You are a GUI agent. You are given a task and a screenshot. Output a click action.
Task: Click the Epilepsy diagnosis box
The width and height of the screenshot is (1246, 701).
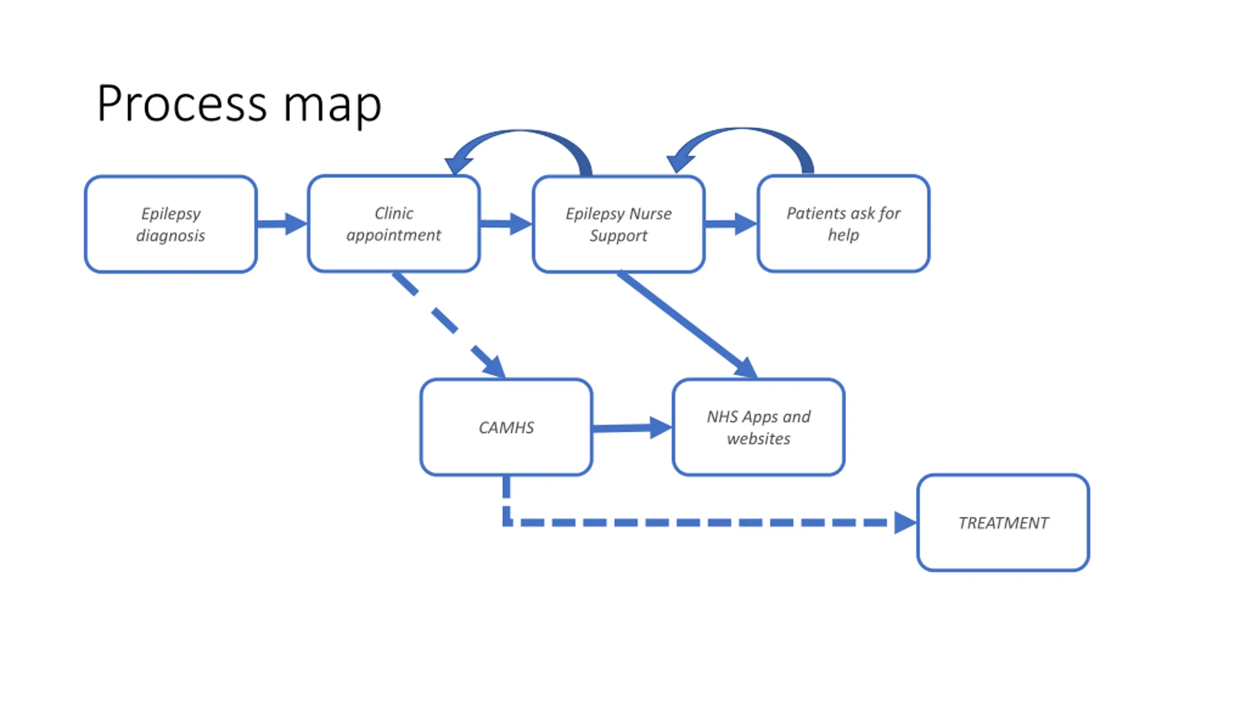point(170,224)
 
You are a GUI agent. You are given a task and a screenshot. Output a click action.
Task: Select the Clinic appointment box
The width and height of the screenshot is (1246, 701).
point(394,223)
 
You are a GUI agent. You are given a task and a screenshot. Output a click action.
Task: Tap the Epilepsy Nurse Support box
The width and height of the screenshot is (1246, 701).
point(619,224)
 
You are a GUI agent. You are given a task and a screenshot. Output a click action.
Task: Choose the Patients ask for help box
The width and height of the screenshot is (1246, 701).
point(843,223)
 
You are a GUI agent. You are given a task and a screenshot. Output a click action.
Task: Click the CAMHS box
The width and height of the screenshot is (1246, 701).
point(506,427)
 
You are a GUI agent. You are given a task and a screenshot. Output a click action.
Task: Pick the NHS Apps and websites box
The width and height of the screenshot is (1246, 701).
point(758,427)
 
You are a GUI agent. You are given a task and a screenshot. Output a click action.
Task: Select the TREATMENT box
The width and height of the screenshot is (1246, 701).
point(1003,522)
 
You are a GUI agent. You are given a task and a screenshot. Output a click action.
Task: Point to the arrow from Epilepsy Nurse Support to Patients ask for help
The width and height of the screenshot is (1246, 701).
point(731,224)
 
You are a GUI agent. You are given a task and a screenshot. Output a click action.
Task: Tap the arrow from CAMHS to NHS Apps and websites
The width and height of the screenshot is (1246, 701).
point(632,428)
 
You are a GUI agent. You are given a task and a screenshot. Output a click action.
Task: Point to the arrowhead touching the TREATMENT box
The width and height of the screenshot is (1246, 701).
point(906,523)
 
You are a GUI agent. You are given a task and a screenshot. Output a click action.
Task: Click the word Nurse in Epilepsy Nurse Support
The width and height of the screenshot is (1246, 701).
point(651,213)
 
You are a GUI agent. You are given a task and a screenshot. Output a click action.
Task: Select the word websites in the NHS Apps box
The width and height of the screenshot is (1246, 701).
point(758,439)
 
